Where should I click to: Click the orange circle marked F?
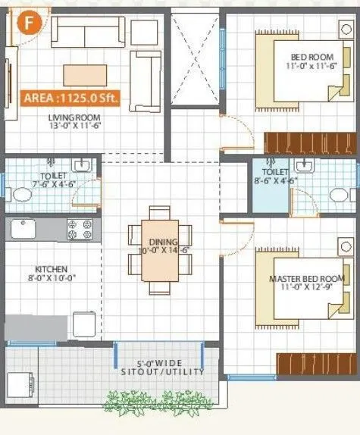pyautogui.click(x=29, y=20)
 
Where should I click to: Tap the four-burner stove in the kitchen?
pyautogui.click(x=80, y=230)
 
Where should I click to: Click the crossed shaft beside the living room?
pyautogui.click(x=194, y=57)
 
